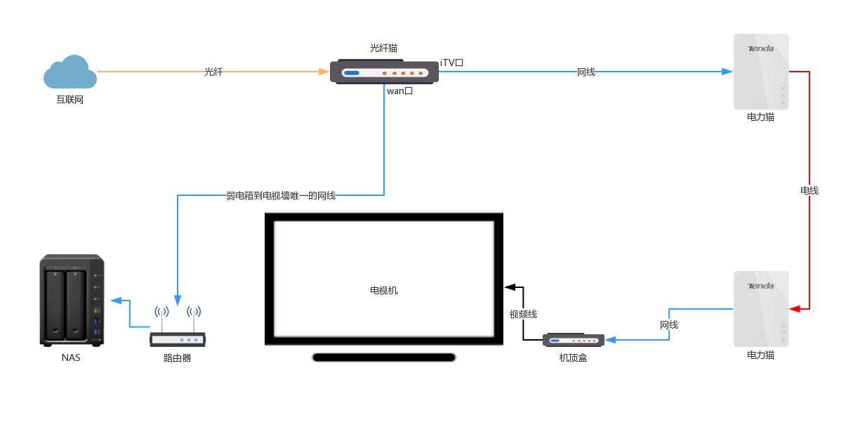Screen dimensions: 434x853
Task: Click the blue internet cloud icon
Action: [70, 73]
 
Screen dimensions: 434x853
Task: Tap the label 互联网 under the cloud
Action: [70, 100]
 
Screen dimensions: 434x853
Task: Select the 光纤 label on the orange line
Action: [213, 72]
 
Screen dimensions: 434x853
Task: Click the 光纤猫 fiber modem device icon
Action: [384, 72]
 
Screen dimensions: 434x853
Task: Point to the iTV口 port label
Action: [451, 63]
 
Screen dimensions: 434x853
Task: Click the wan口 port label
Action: [399, 91]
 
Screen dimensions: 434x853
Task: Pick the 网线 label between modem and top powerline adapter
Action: [586, 72]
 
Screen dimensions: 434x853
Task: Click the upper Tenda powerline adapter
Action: [761, 71]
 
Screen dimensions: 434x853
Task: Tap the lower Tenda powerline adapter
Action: [761, 308]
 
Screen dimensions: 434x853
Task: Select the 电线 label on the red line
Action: [809, 190]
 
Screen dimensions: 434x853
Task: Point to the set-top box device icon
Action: [574, 340]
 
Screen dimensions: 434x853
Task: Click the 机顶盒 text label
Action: [573, 357]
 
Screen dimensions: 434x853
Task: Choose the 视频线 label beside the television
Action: [523, 314]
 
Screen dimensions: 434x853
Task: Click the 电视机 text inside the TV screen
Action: [384, 290]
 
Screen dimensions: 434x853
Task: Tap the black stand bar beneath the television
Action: [384, 357]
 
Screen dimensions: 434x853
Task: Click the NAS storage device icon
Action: [72, 300]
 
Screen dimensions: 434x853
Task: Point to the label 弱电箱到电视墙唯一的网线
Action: [281, 196]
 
